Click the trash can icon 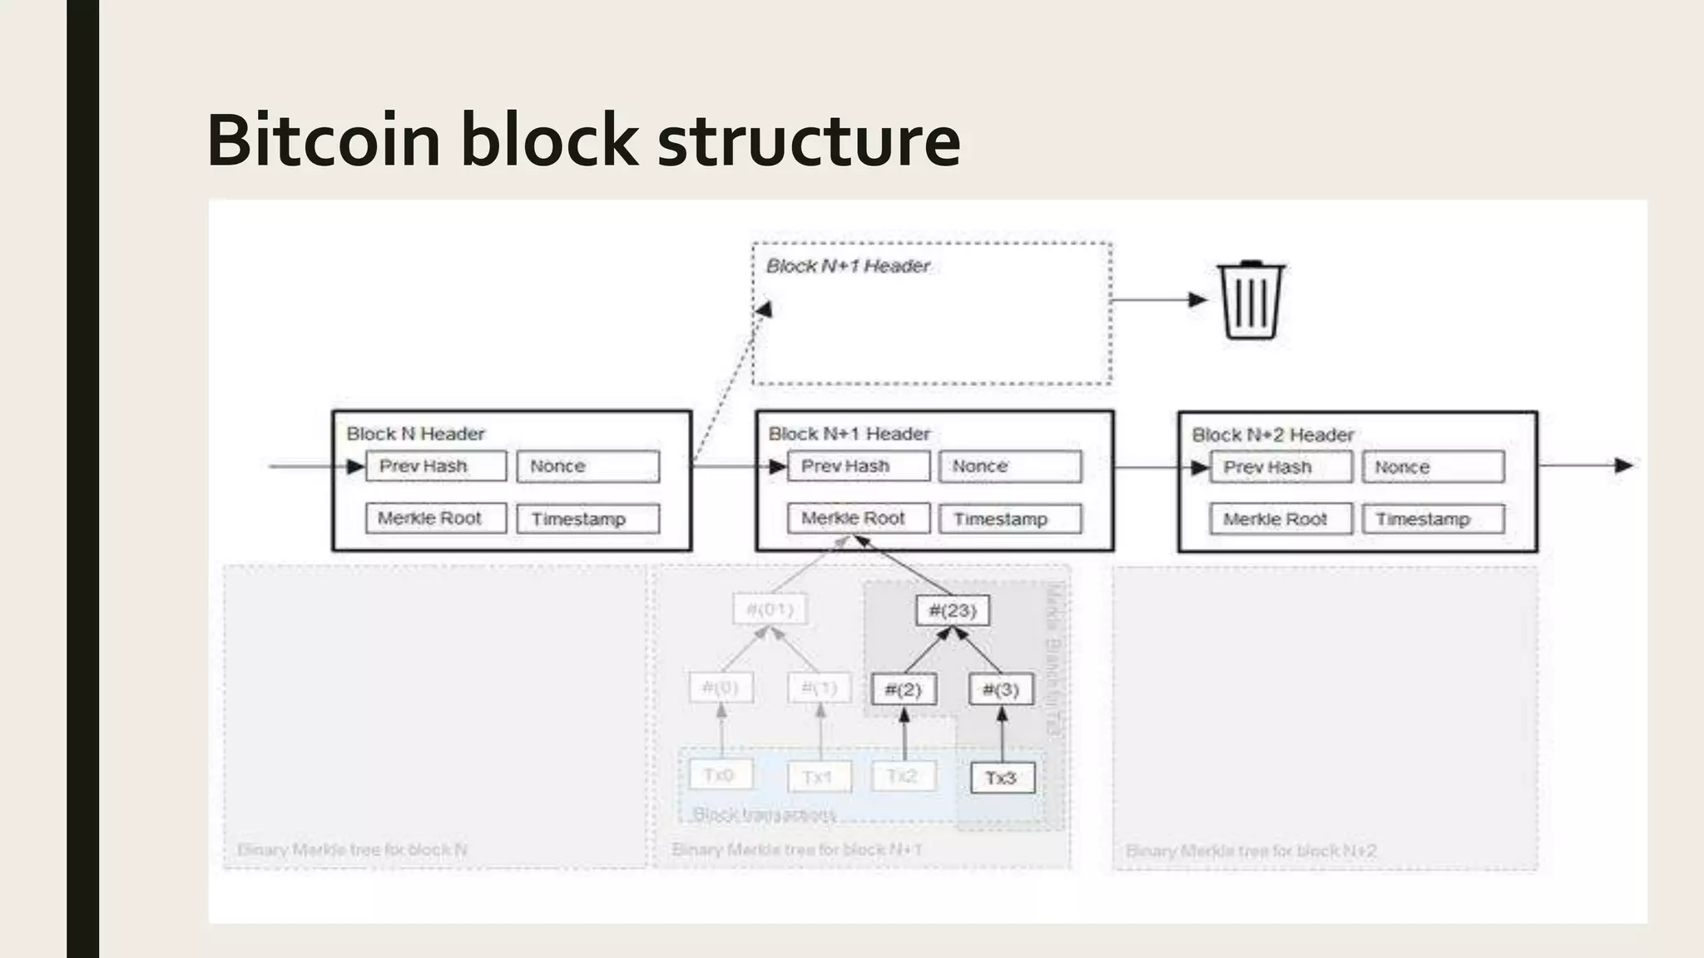click(1251, 300)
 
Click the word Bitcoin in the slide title click(323, 140)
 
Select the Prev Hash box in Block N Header click(436, 466)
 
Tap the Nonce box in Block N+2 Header click(1433, 467)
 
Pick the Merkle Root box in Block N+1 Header click(859, 518)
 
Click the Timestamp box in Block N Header click(587, 519)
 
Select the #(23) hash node click(953, 610)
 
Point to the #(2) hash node click(904, 689)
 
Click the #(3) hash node click(1001, 689)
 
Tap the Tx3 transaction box click(1002, 778)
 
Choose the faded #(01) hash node click(770, 610)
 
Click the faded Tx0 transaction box click(721, 775)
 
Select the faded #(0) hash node click(721, 688)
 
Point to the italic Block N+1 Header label click(848, 266)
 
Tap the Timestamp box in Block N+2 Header click(1433, 519)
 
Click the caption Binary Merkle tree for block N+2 click(1251, 850)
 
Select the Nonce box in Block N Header click(587, 467)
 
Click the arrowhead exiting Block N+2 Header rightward click(1623, 466)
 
